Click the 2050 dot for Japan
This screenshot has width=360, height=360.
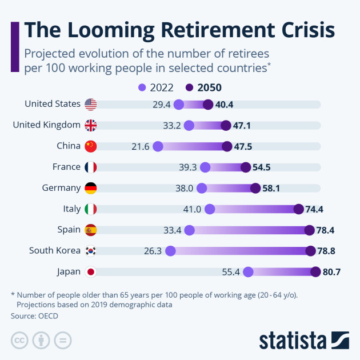tap(315, 272)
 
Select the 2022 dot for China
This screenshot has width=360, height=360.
tap(158, 146)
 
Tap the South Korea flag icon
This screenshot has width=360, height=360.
tap(90, 251)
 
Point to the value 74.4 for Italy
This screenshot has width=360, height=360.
tap(314, 209)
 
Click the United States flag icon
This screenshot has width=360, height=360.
tap(90, 104)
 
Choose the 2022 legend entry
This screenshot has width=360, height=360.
tap(156, 87)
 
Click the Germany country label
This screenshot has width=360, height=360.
tap(61, 188)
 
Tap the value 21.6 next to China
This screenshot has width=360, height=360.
tap(140, 147)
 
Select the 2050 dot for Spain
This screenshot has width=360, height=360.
tap(310, 230)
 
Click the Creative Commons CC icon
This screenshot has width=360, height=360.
tap(19, 340)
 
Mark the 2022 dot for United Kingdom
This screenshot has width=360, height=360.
tap(189, 126)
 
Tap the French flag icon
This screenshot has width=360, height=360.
tap(90, 167)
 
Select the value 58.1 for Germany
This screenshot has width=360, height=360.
tap(271, 189)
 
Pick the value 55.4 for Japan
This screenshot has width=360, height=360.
tap(231, 273)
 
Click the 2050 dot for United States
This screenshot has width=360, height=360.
tap(208, 105)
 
